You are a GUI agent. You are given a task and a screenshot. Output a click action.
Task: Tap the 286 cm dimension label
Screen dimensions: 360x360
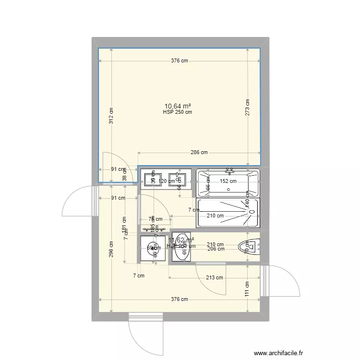pyautogui.click(x=199, y=153)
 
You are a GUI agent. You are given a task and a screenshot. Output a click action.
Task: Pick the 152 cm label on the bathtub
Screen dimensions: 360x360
pyautogui.click(x=228, y=181)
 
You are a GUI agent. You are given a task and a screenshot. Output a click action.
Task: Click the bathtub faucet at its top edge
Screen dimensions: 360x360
pyautogui.click(x=229, y=170)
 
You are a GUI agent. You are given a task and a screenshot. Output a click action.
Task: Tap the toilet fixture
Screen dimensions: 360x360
pyautogui.click(x=249, y=247)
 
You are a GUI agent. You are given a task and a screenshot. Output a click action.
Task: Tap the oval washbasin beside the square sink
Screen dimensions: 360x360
pyautogui.click(x=181, y=249)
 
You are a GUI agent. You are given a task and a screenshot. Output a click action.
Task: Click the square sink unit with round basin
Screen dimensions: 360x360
pyautogui.click(x=153, y=249)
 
